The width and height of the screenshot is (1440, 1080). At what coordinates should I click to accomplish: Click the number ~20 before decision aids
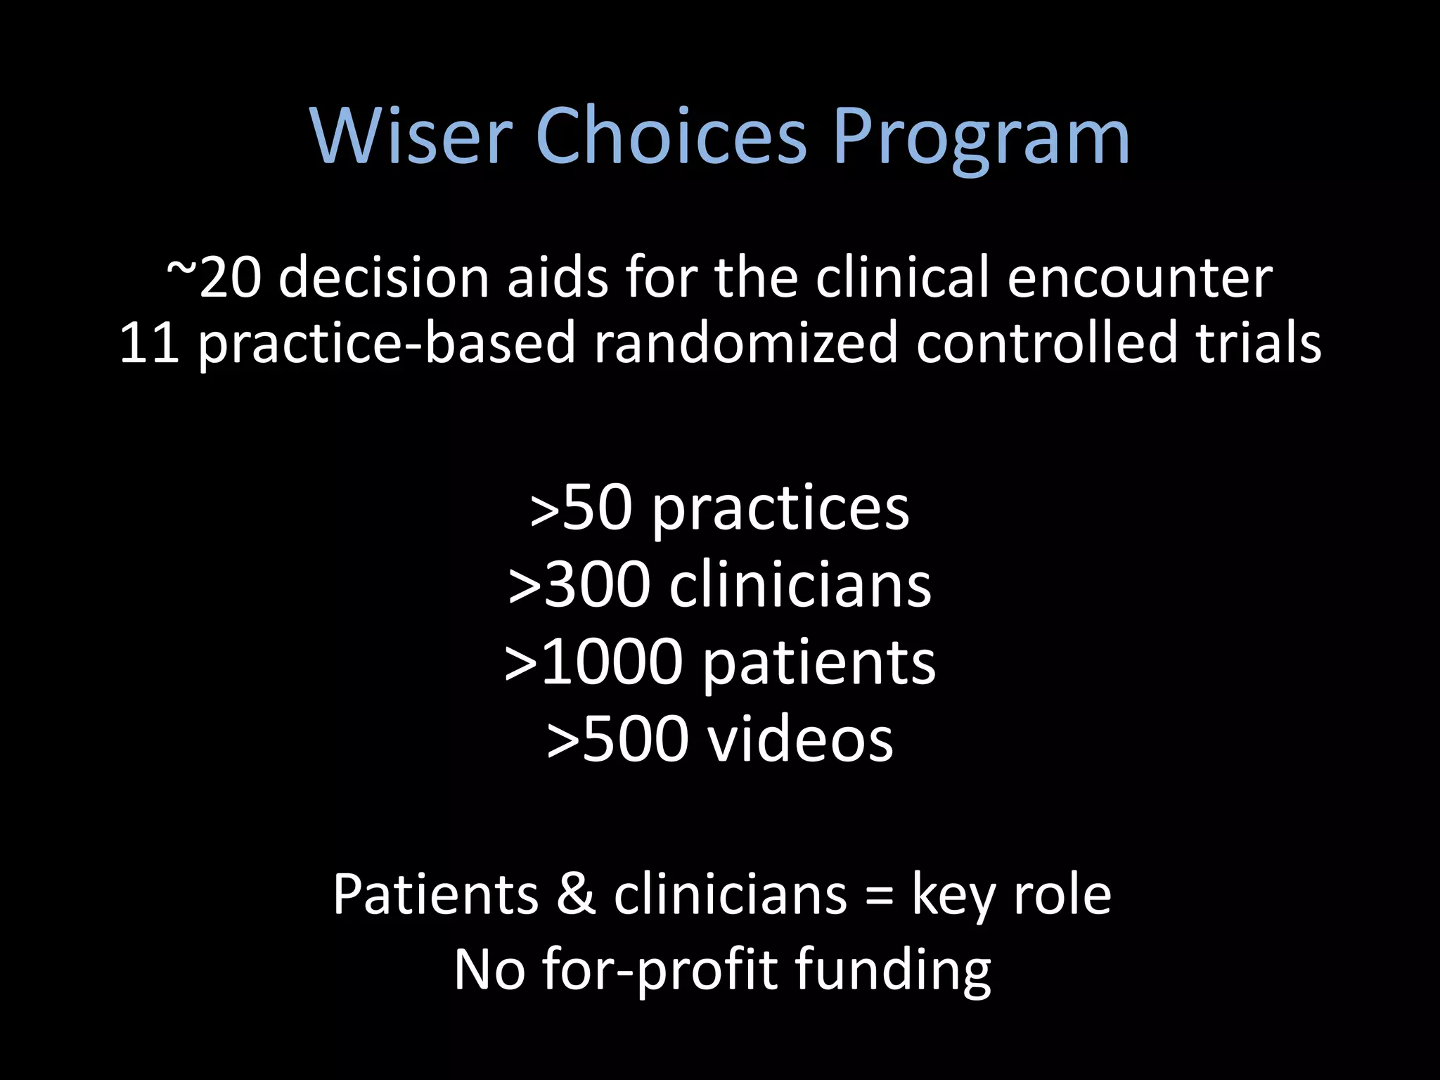pos(214,277)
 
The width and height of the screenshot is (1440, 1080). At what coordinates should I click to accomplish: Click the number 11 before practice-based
pos(148,342)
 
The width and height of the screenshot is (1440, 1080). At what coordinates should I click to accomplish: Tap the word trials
pos(1258,342)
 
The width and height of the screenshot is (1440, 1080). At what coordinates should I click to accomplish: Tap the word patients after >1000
pos(818,663)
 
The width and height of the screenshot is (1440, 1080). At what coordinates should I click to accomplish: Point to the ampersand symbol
pos(576,894)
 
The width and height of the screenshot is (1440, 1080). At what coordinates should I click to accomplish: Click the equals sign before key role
pos(879,896)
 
